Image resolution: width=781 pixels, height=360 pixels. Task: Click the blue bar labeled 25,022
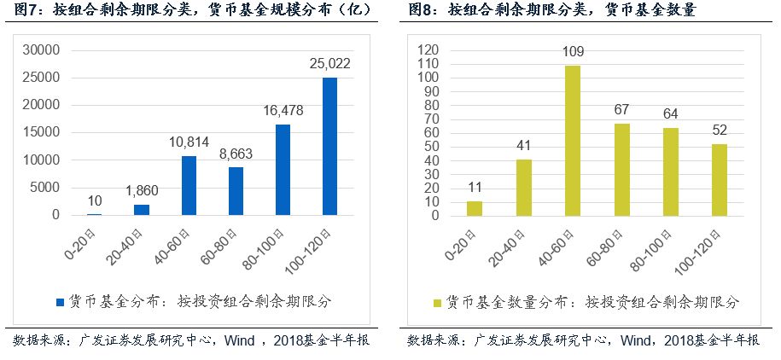coord(329,146)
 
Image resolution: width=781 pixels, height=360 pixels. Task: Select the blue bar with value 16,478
coord(283,170)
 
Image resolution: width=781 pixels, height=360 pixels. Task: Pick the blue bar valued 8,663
coord(236,191)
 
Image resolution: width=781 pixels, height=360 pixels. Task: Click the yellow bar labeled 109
coord(573,141)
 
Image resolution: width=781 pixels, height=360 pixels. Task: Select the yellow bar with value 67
coord(621,170)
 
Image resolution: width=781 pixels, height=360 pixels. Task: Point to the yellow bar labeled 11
coord(474,208)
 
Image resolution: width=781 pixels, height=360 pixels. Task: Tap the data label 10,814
coord(189,142)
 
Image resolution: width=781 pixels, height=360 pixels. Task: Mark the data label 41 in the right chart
coord(522,144)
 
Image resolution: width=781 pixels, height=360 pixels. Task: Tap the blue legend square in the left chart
coord(60,302)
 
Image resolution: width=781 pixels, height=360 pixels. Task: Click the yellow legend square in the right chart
coord(437,302)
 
